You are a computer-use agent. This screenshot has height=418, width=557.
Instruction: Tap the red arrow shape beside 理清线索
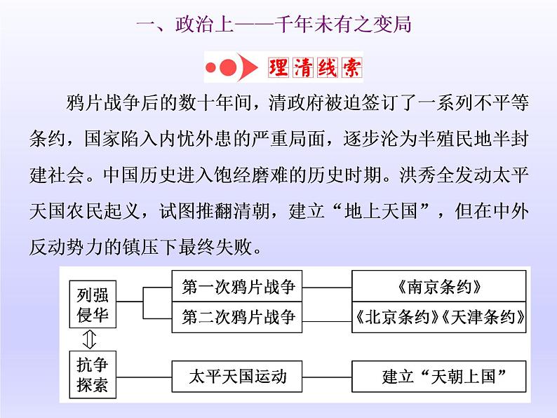(245, 69)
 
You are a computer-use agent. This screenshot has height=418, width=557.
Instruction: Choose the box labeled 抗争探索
(93, 375)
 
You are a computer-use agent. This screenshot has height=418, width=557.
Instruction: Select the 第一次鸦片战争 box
(239, 287)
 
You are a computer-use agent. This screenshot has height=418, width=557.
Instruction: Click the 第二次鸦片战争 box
(239, 316)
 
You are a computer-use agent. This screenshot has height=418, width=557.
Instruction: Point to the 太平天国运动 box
(239, 376)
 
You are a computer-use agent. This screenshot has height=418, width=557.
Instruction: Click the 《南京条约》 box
(439, 287)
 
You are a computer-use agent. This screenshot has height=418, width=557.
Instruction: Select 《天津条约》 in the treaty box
(484, 316)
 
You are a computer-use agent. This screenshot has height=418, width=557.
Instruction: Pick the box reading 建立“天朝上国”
(439, 376)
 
